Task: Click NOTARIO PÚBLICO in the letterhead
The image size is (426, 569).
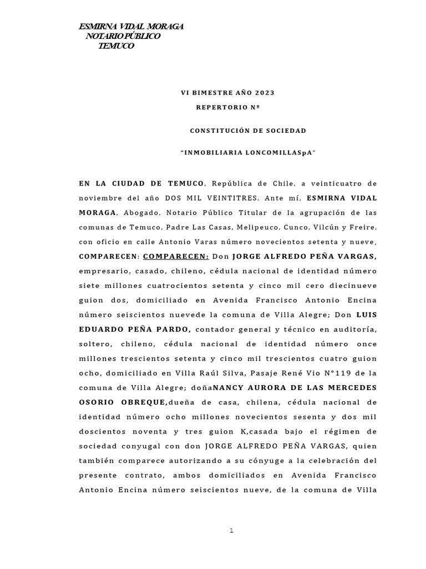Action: (x=123, y=36)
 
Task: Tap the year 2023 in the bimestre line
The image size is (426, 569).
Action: (x=263, y=92)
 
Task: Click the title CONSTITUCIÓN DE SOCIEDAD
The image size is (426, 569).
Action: (x=248, y=131)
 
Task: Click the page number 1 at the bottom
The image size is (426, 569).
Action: (x=232, y=531)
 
